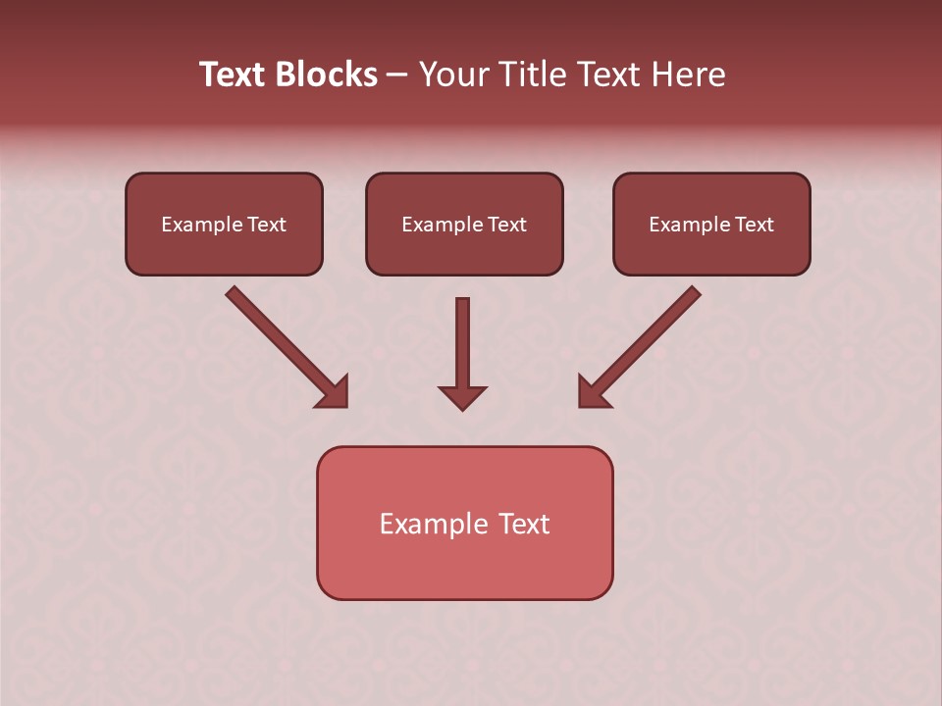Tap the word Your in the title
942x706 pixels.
pos(455,75)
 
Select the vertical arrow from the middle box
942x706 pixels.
pos(462,343)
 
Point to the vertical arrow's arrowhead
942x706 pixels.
pos(462,397)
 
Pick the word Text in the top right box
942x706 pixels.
pos(754,225)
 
